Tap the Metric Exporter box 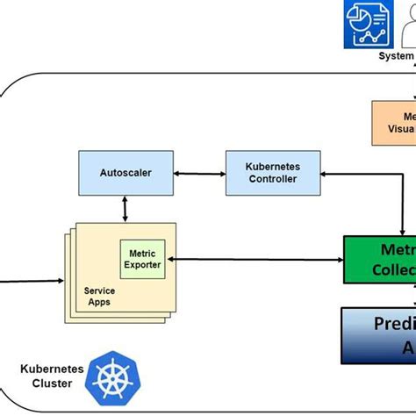142,257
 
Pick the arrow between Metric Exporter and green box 255,259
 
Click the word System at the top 396,56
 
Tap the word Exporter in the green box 142,262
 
